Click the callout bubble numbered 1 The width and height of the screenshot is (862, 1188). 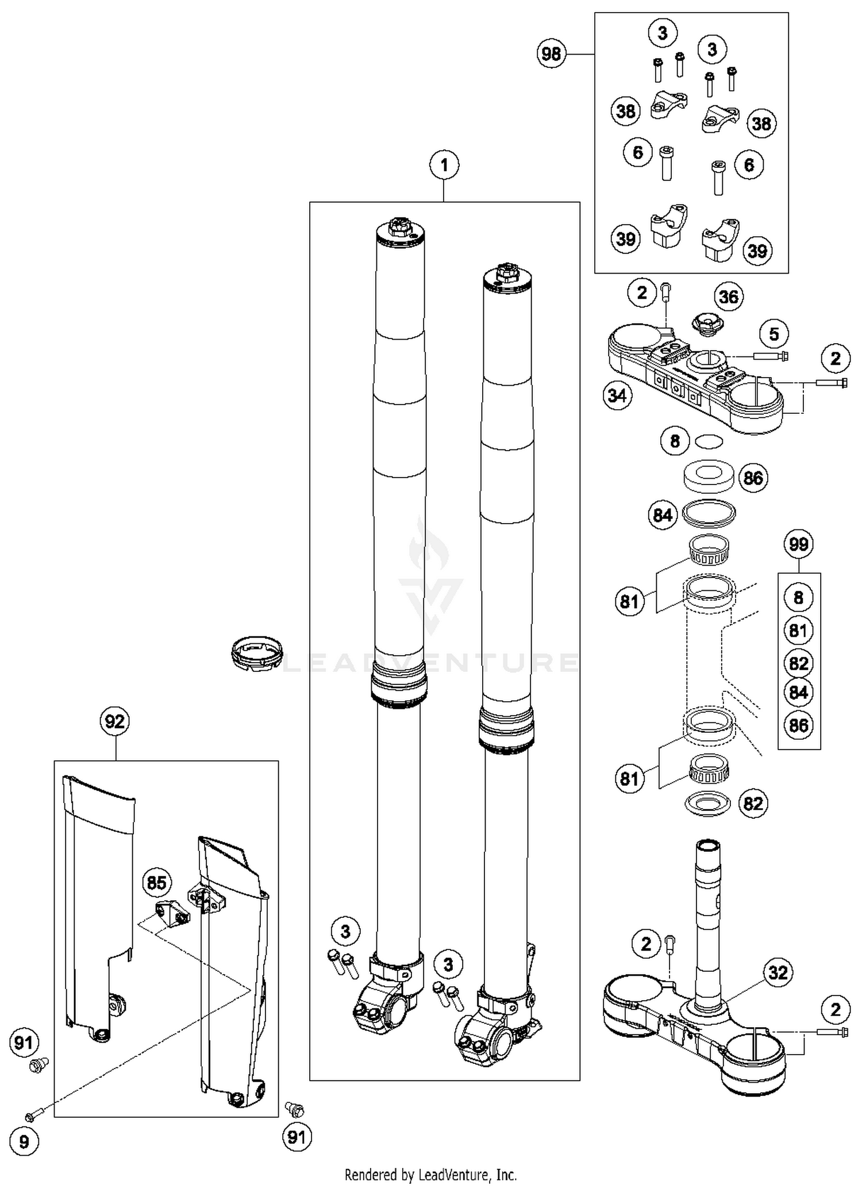444,166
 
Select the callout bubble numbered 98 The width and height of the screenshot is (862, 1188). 551,54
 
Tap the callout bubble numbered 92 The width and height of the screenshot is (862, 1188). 115,721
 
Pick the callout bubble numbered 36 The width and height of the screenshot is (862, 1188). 729,297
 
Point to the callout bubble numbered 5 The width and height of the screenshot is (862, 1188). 774,334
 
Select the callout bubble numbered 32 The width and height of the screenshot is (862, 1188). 778,972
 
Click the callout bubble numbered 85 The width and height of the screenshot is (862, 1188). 157,883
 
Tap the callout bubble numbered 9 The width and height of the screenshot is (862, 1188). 24,1141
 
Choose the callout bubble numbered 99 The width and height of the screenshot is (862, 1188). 799,544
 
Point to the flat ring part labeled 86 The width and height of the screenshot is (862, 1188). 710,476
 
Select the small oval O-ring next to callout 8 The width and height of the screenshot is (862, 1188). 708,441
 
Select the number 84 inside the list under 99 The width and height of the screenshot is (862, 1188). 798,692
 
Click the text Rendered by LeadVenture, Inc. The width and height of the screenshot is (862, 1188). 430,1175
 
